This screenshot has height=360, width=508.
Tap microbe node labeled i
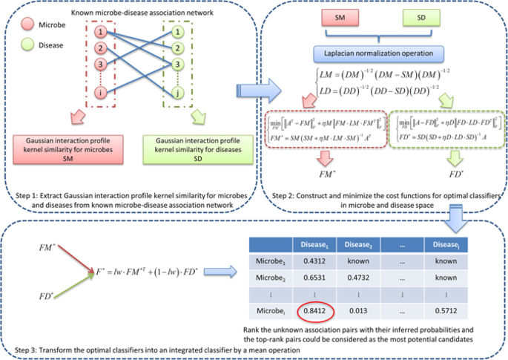tap(106, 93)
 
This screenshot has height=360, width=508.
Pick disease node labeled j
tap(178, 93)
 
